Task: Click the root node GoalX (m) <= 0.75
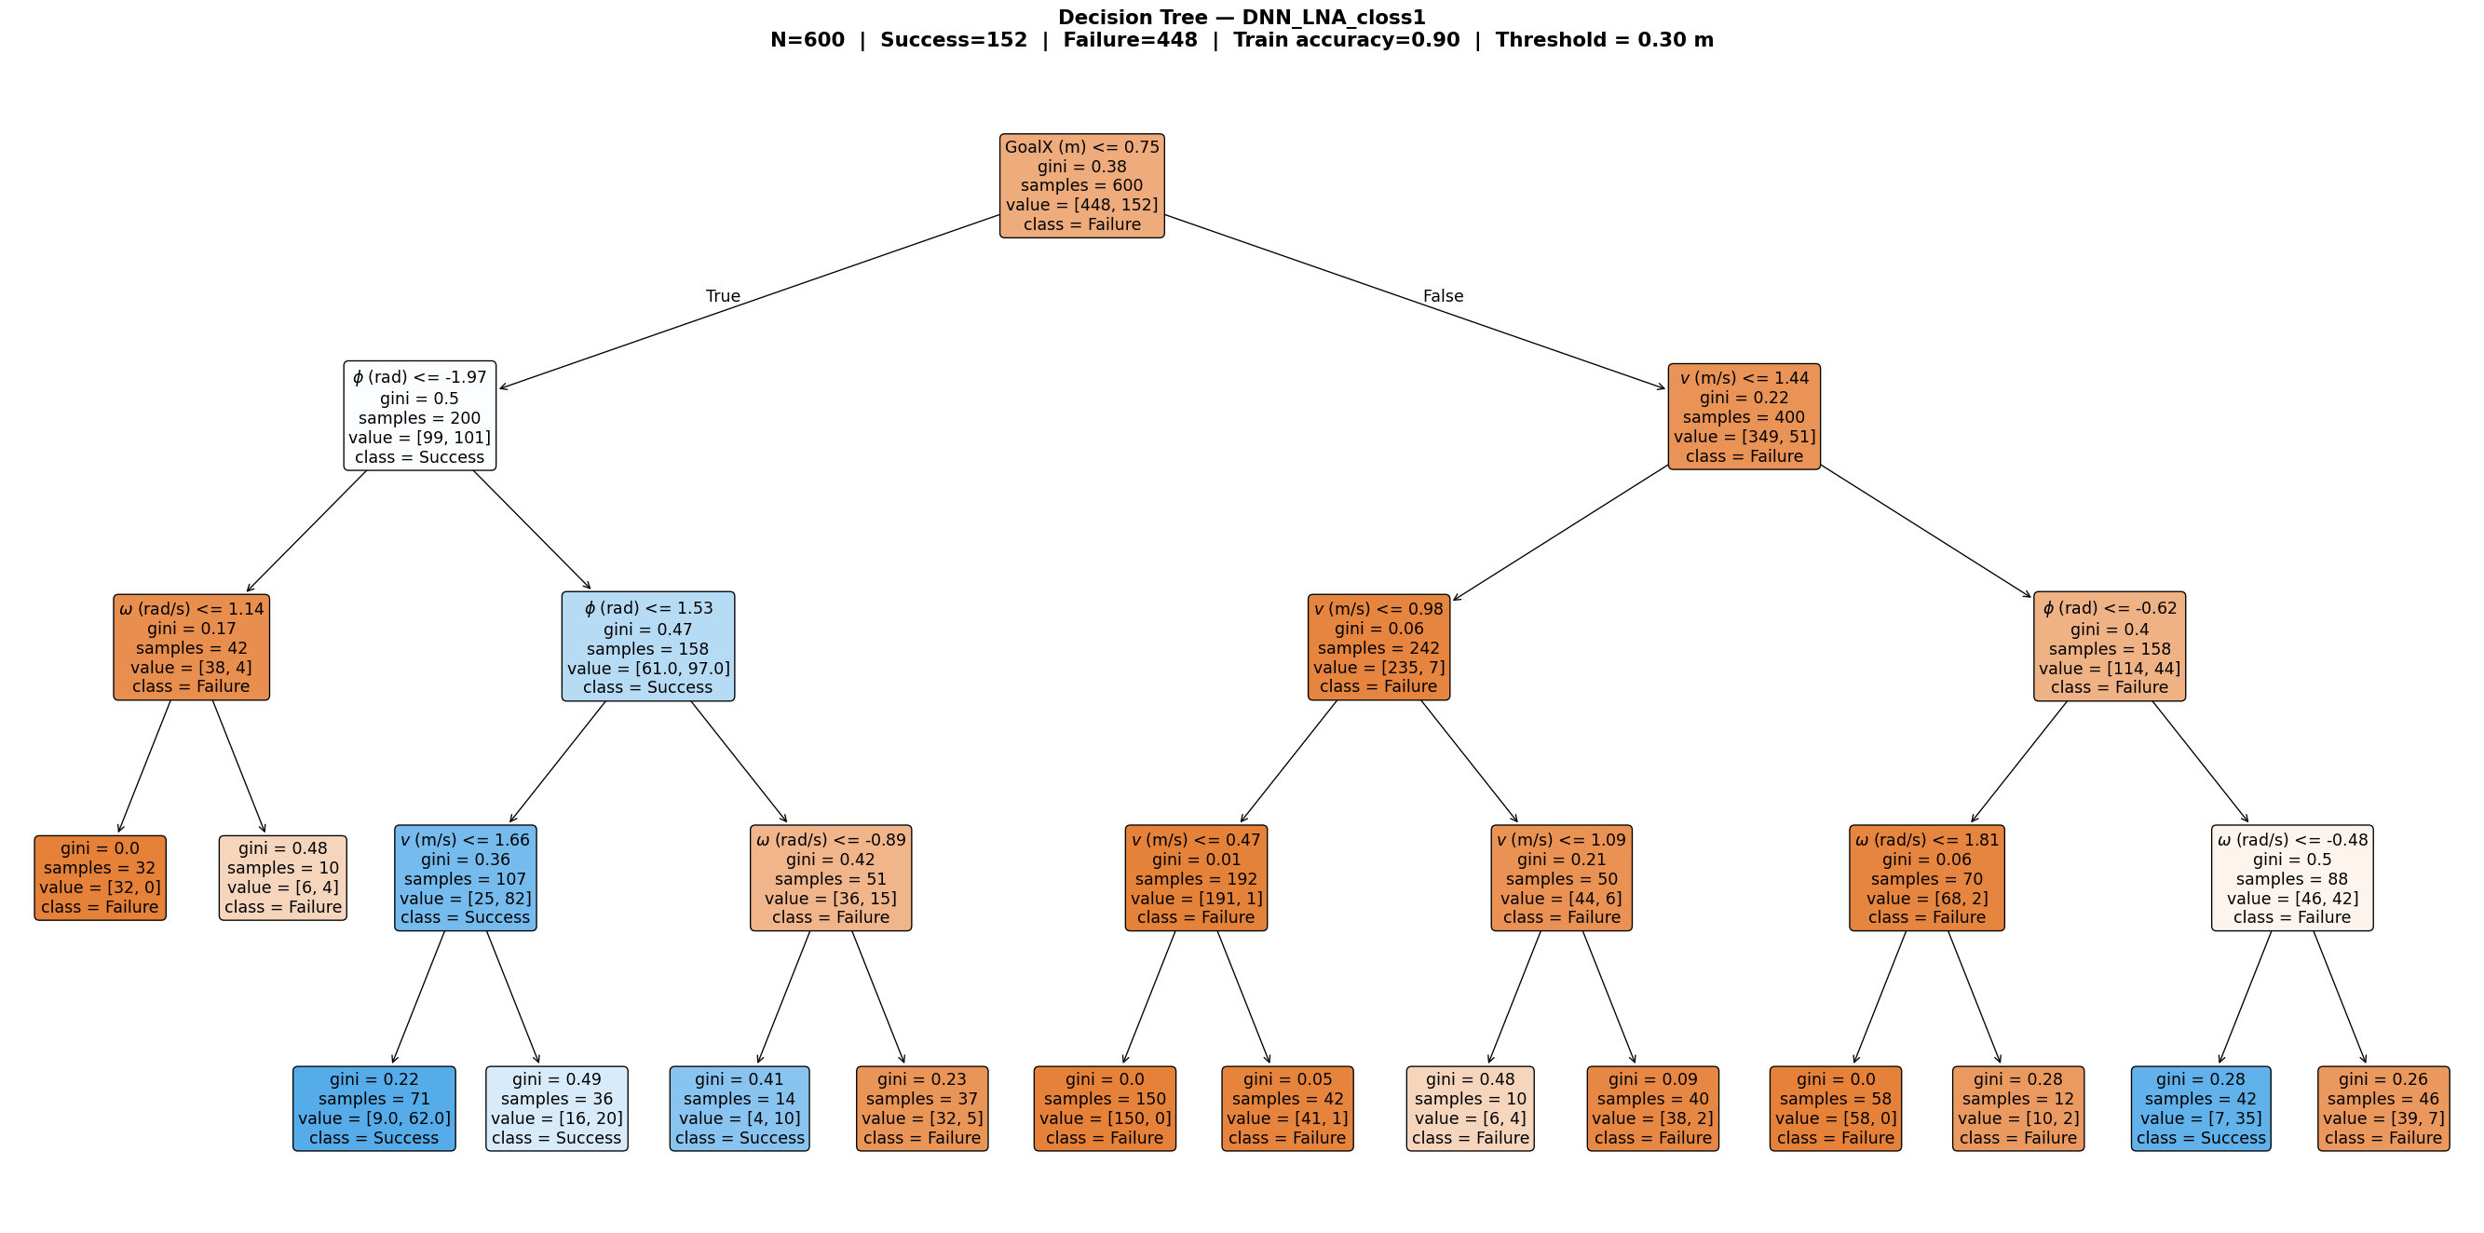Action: (1081, 185)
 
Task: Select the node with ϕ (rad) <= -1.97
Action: (419, 416)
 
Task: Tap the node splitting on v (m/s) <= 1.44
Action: (1744, 416)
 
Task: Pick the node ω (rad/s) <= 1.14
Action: (191, 647)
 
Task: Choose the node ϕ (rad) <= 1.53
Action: (648, 647)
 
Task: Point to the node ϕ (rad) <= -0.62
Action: (2109, 647)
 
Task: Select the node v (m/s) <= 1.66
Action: (465, 877)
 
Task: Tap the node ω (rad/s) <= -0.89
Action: (830, 877)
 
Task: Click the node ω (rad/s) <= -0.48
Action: (2291, 877)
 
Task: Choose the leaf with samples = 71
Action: (374, 1107)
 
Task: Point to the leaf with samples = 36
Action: (556, 1107)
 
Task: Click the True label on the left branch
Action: (722, 296)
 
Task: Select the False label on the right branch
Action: (1443, 296)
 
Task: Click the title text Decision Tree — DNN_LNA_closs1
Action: (1241, 18)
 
